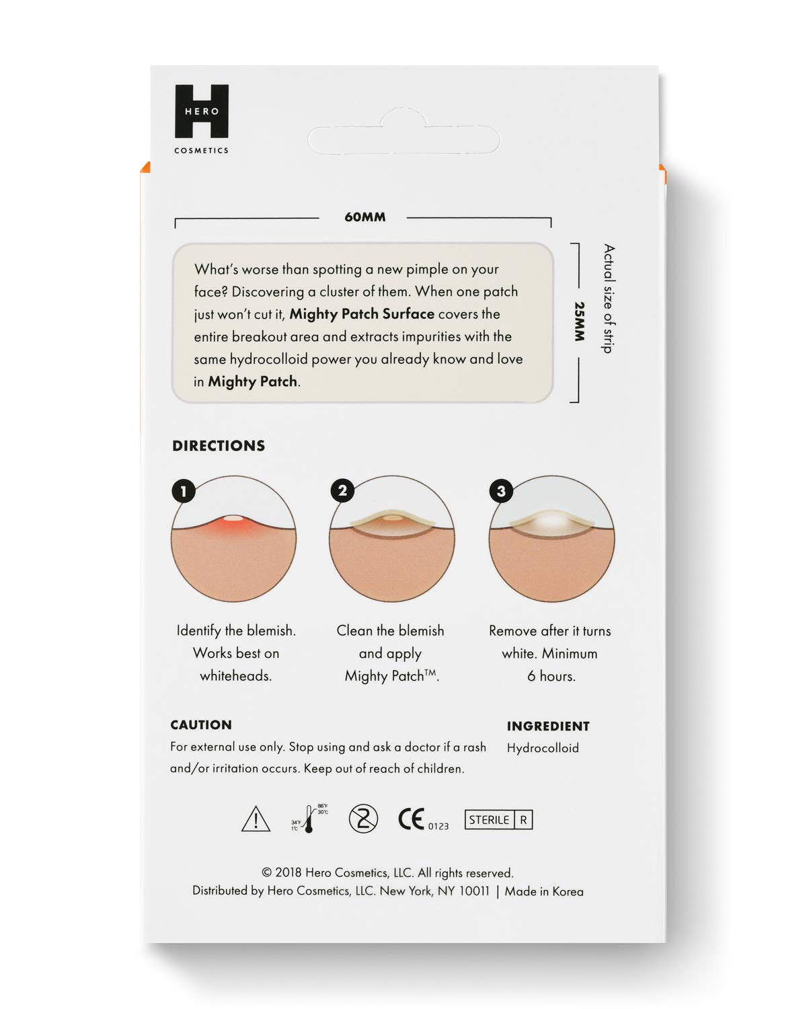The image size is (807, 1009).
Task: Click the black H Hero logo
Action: (x=202, y=111)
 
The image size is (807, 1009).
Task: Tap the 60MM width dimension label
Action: (x=364, y=217)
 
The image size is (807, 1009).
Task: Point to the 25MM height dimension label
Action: (x=579, y=322)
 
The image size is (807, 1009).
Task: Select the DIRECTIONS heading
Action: (x=219, y=446)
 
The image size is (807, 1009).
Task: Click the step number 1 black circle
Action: (x=184, y=491)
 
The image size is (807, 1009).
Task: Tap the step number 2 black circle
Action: (x=343, y=491)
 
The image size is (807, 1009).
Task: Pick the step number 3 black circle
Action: (x=501, y=491)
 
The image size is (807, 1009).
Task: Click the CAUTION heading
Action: (x=201, y=725)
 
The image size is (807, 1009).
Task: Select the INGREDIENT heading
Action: (x=548, y=726)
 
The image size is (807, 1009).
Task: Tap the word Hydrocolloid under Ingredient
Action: (x=543, y=748)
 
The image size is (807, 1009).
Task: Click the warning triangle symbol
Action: (x=256, y=820)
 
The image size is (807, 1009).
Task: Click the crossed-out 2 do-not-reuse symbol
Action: (x=363, y=819)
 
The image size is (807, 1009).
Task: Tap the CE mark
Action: (x=412, y=819)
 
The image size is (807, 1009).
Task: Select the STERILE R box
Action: (x=498, y=820)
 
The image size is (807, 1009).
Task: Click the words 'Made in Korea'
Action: (x=544, y=892)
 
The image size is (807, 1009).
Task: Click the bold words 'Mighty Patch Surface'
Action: (x=362, y=314)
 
